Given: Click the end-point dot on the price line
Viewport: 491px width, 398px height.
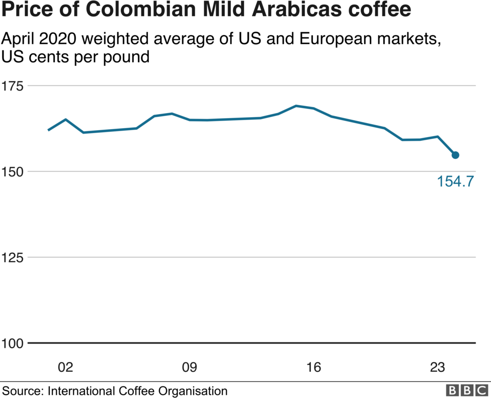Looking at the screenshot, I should (455, 155).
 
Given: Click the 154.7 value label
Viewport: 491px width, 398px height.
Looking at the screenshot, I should (455, 181).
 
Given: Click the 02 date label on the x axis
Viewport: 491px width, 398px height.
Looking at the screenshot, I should (65, 368).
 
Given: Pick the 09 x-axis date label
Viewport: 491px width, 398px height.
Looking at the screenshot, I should (189, 368).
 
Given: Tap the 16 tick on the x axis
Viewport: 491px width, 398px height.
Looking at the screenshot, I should (313, 368).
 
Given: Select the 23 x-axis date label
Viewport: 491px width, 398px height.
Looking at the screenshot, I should (437, 368).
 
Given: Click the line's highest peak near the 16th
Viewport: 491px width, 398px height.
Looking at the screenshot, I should (296, 106).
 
